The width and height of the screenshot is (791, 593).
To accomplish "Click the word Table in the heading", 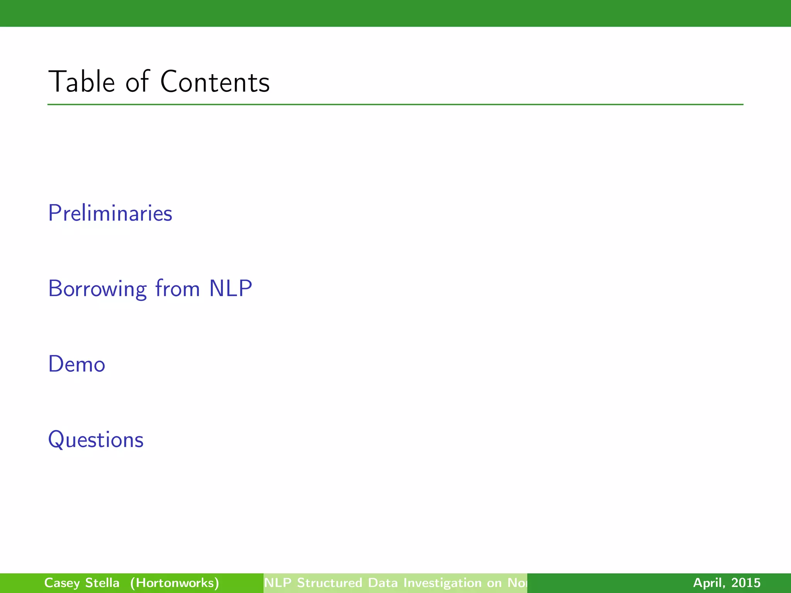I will [x=81, y=82].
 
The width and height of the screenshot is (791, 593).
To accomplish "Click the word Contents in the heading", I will [x=215, y=82].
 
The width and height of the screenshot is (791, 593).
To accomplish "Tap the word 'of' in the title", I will [x=137, y=82].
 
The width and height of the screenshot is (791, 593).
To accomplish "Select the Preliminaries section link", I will [x=110, y=213].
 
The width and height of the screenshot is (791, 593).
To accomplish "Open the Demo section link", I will [x=76, y=364].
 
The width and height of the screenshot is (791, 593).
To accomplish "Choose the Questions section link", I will [x=96, y=440].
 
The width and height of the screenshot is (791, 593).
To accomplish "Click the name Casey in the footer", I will [x=61, y=583].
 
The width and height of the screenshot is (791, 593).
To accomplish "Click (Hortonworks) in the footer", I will [x=175, y=583].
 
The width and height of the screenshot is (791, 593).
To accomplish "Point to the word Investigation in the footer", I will [x=442, y=583].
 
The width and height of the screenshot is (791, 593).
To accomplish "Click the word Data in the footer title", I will [x=382, y=583].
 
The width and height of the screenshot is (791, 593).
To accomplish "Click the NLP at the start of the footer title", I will [x=278, y=583].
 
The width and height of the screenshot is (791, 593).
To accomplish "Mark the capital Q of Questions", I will [x=56, y=440].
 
